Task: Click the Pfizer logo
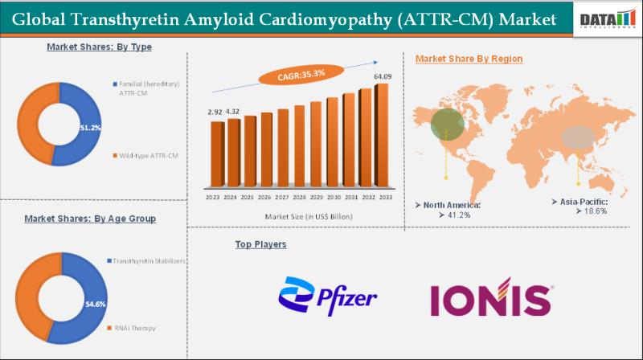328,296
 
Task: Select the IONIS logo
490,297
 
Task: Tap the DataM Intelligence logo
607,20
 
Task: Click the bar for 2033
382,135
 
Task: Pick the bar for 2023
215,156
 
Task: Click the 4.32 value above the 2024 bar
232,111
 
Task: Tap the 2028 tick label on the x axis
298,198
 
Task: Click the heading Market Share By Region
469,59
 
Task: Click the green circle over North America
447,124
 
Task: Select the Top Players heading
260,243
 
